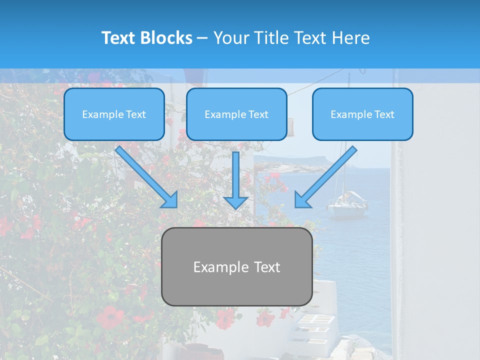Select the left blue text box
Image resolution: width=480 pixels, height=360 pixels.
click(114, 114)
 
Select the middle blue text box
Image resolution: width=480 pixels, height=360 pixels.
click(236, 114)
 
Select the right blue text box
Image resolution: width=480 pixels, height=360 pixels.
click(362, 114)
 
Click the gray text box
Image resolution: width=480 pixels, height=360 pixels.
click(236, 267)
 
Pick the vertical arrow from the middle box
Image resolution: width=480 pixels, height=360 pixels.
click(236, 180)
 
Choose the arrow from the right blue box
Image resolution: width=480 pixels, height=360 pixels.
click(325, 177)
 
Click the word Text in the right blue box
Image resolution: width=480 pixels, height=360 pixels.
click(384, 114)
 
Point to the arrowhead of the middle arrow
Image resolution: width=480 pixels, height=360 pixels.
click(236, 202)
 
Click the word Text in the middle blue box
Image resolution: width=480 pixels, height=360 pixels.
click(258, 114)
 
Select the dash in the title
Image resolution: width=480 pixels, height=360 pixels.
click(202, 38)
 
